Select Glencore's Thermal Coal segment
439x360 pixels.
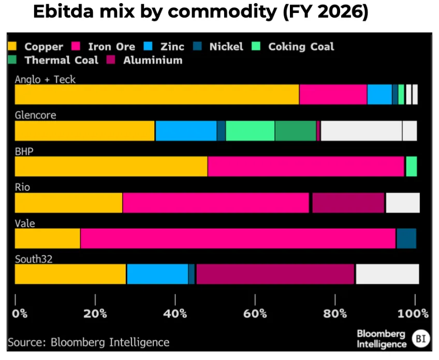click(x=295, y=130)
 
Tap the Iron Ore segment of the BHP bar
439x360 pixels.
click(x=305, y=166)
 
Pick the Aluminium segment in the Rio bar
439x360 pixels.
click(x=348, y=202)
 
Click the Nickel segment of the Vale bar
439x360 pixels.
click(x=406, y=238)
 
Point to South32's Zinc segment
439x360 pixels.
click(x=157, y=274)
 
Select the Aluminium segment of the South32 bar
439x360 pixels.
click(x=275, y=274)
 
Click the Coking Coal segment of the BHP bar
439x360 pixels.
click(x=411, y=166)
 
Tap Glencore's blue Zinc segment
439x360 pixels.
click(x=186, y=130)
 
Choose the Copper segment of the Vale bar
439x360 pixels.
click(x=48, y=238)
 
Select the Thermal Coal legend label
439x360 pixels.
click(x=61, y=60)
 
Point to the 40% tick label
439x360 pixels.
click(x=175, y=313)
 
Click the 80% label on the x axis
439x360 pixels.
click(x=335, y=313)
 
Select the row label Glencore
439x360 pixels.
click(x=35, y=115)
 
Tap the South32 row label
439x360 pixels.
click(x=34, y=259)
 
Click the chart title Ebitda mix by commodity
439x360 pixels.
click(x=201, y=12)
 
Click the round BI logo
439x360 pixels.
click(x=420, y=339)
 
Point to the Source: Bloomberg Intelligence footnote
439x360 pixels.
click(x=89, y=342)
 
